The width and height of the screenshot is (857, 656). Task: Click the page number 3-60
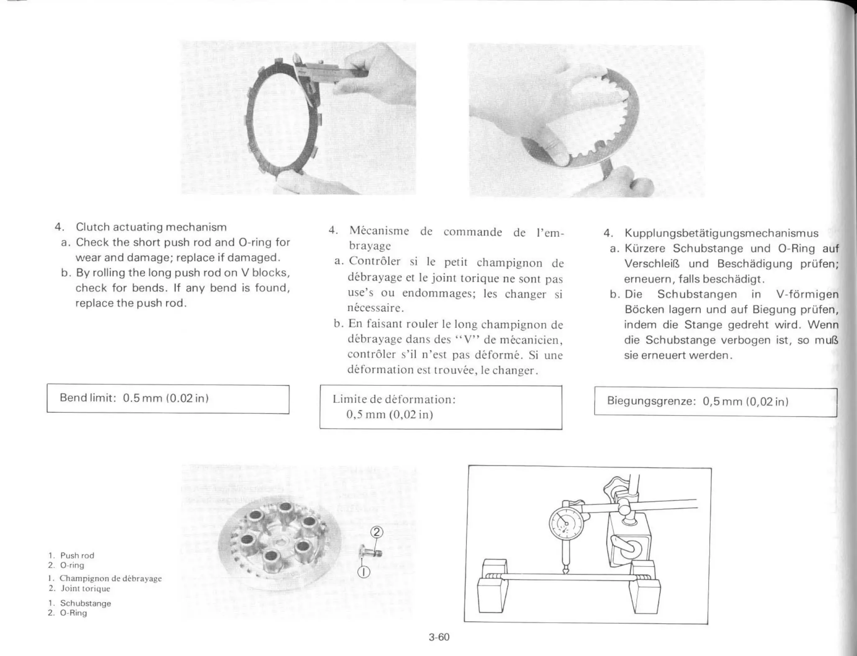point(439,637)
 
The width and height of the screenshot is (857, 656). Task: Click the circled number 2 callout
point(377,532)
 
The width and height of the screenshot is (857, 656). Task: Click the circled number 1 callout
point(364,572)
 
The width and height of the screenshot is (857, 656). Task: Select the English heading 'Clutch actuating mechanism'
point(151,227)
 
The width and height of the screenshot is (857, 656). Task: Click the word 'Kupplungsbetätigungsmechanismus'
point(721,233)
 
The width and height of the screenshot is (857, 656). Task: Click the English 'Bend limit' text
point(87,398)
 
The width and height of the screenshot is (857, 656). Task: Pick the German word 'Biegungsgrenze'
point(651,401)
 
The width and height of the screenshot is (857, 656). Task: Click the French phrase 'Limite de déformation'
point(393,399)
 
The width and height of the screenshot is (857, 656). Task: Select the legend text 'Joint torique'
point(85,589)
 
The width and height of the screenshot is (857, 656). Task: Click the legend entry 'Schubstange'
point(85,603)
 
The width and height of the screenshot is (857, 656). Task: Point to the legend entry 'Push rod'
point(77,556)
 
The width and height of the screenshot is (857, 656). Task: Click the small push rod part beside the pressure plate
point(371,553)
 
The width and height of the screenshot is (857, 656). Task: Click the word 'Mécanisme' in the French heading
point(379,231)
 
